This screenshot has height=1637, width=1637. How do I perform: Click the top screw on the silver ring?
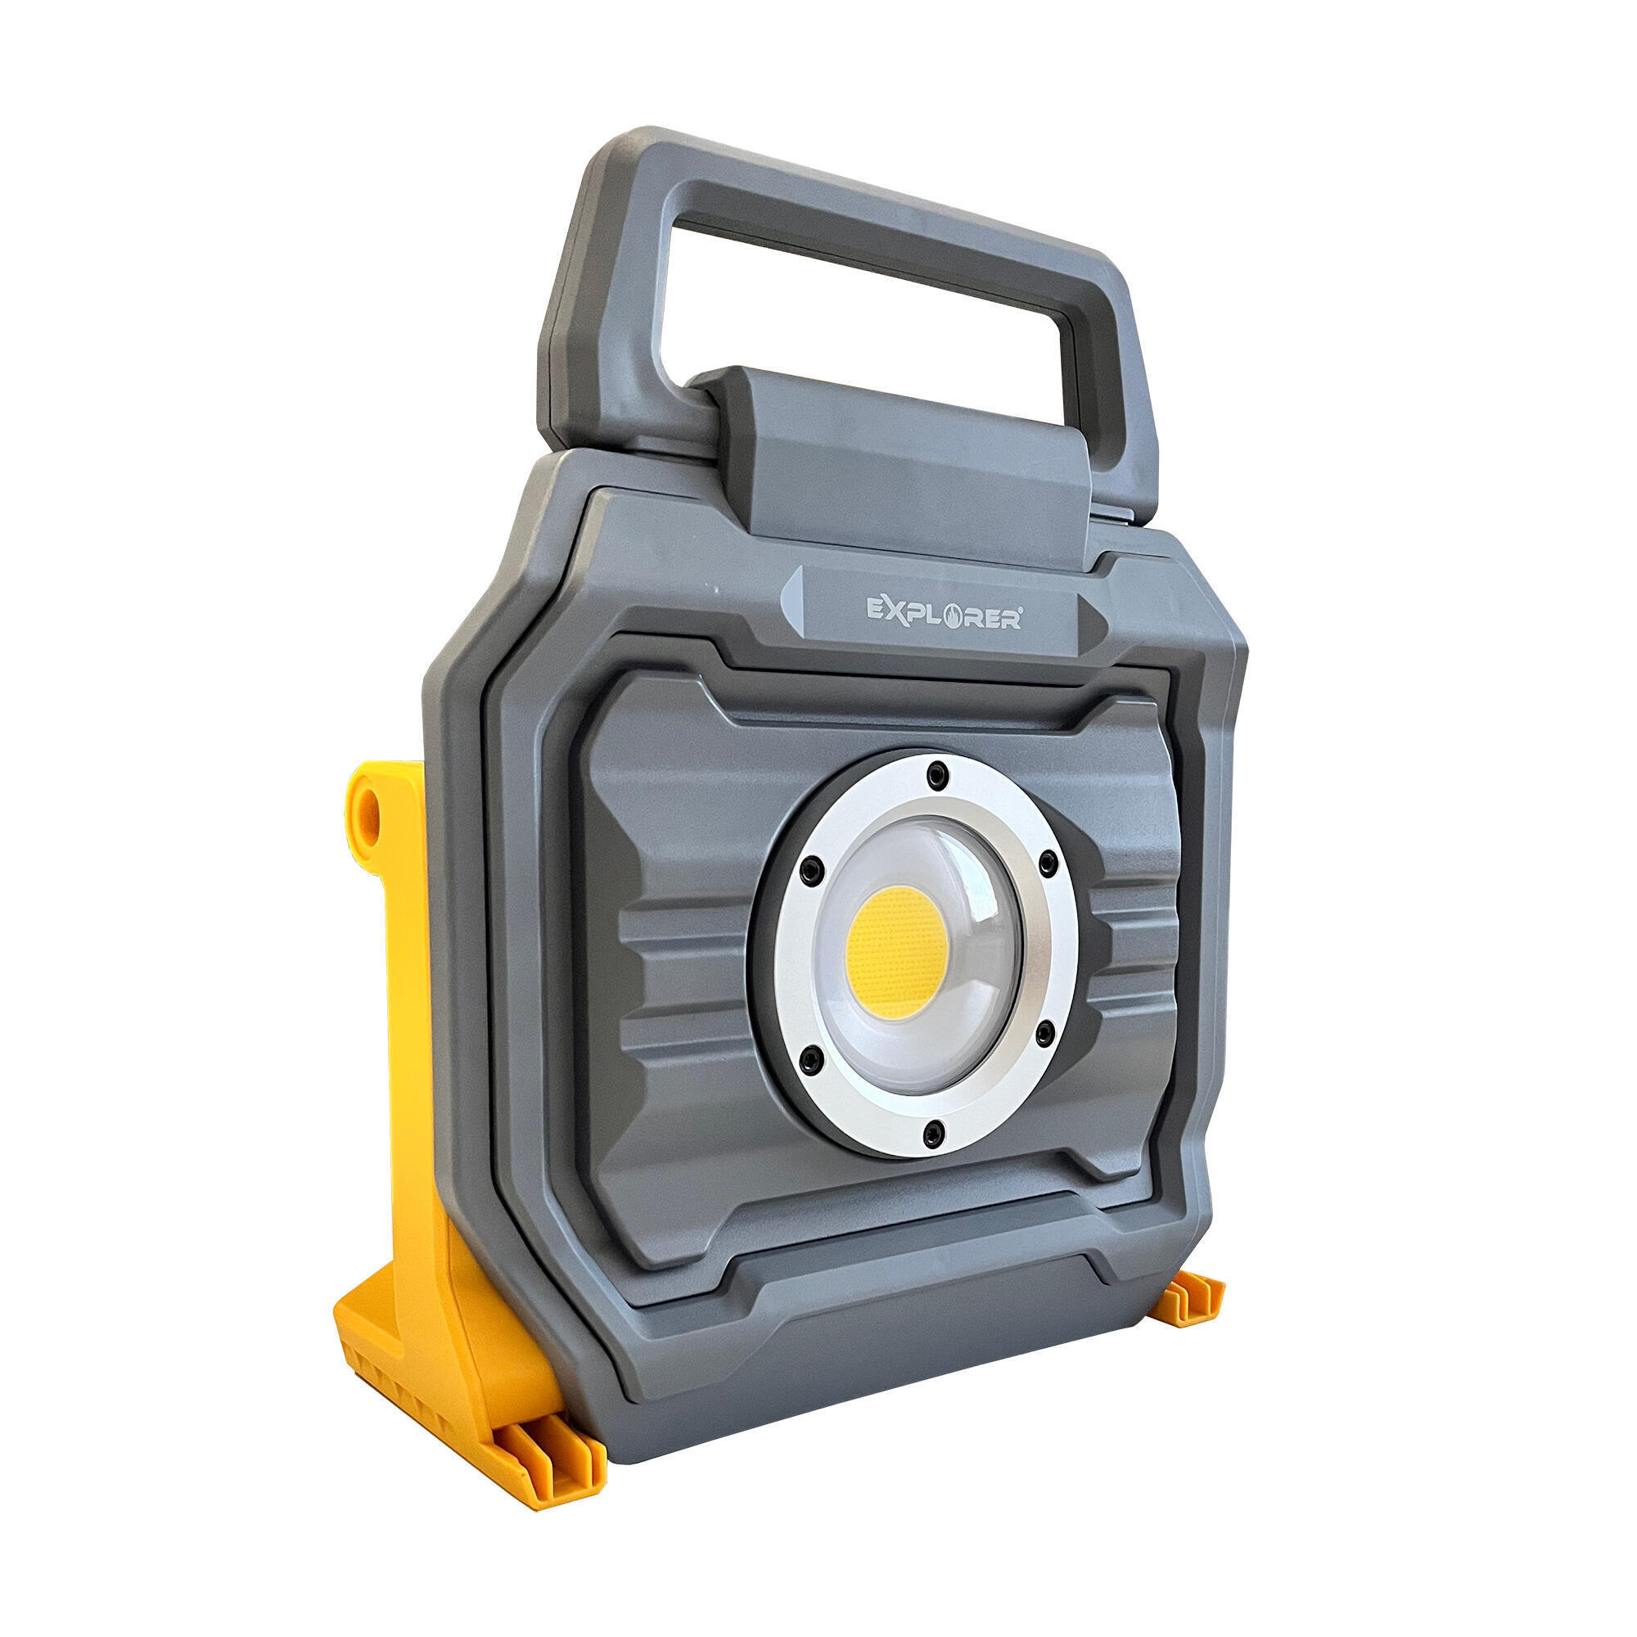click(x=936, y=773)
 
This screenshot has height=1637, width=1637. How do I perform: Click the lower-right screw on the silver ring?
click(x=1044, y=1031)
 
